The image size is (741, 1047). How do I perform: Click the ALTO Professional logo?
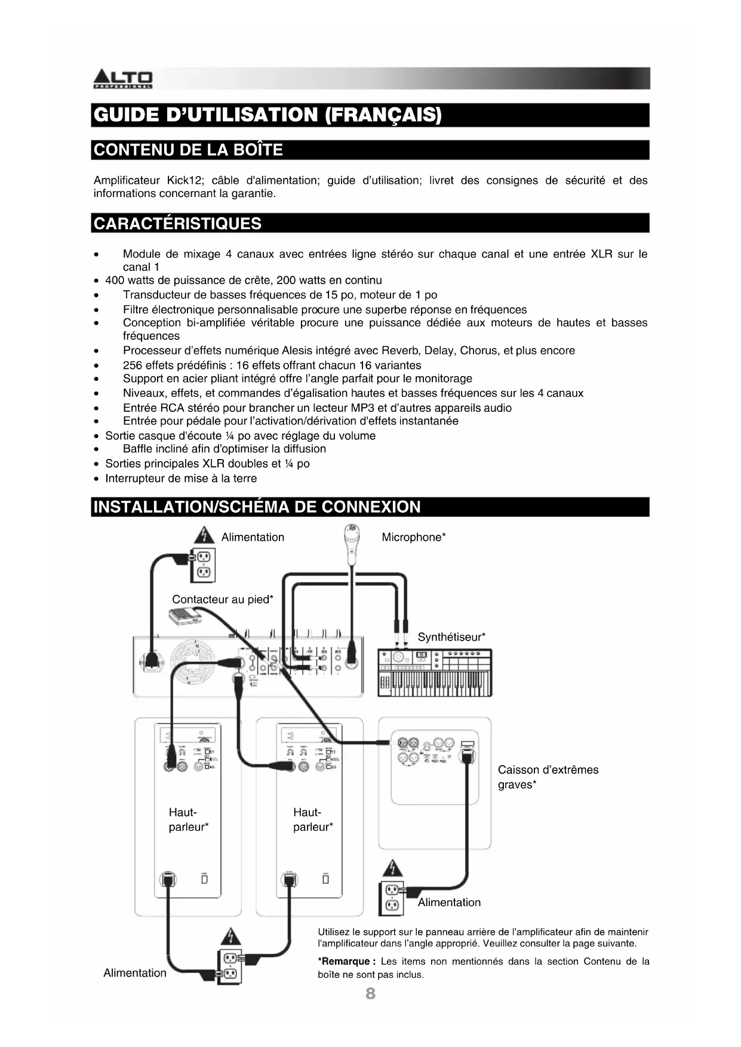[122, 79]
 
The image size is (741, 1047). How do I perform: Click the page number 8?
[370, 993]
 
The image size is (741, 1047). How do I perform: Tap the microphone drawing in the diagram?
[352, 543]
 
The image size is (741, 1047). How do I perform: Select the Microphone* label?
[413, 537]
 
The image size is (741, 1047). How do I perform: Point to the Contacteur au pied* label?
[222, 599]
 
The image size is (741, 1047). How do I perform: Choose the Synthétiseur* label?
[451, 637]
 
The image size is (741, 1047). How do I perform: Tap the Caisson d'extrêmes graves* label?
[548, 777]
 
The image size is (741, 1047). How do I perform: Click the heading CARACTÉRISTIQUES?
[178, 223]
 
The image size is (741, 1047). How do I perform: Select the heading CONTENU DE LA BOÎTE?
[188, 149]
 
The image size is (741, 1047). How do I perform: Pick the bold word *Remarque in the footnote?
[345, 961]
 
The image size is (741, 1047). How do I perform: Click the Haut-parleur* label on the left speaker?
[188, 820]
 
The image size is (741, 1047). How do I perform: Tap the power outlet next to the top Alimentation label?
[203, 565]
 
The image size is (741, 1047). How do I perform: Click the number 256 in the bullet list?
[133, 365]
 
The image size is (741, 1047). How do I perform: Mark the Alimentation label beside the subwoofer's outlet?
[449, 902]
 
